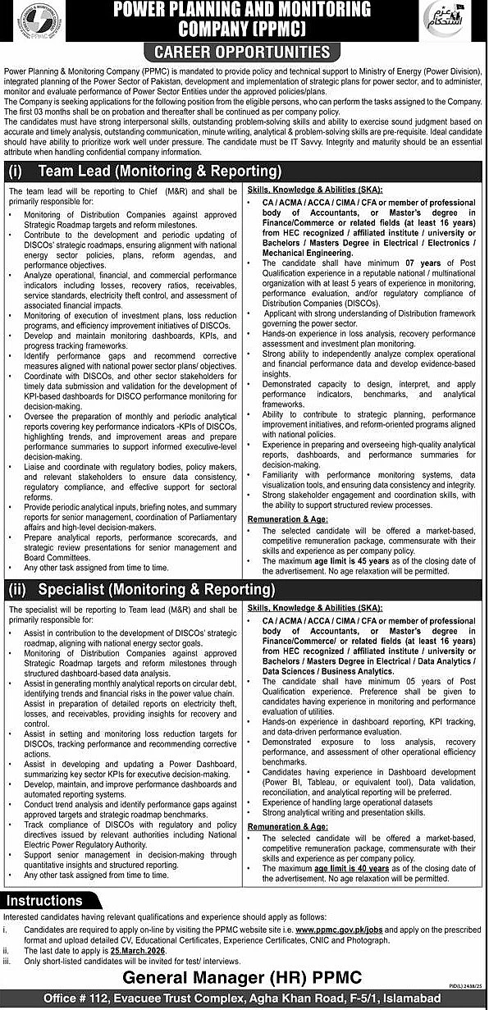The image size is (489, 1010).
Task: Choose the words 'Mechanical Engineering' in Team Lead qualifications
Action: coord(308,254)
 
